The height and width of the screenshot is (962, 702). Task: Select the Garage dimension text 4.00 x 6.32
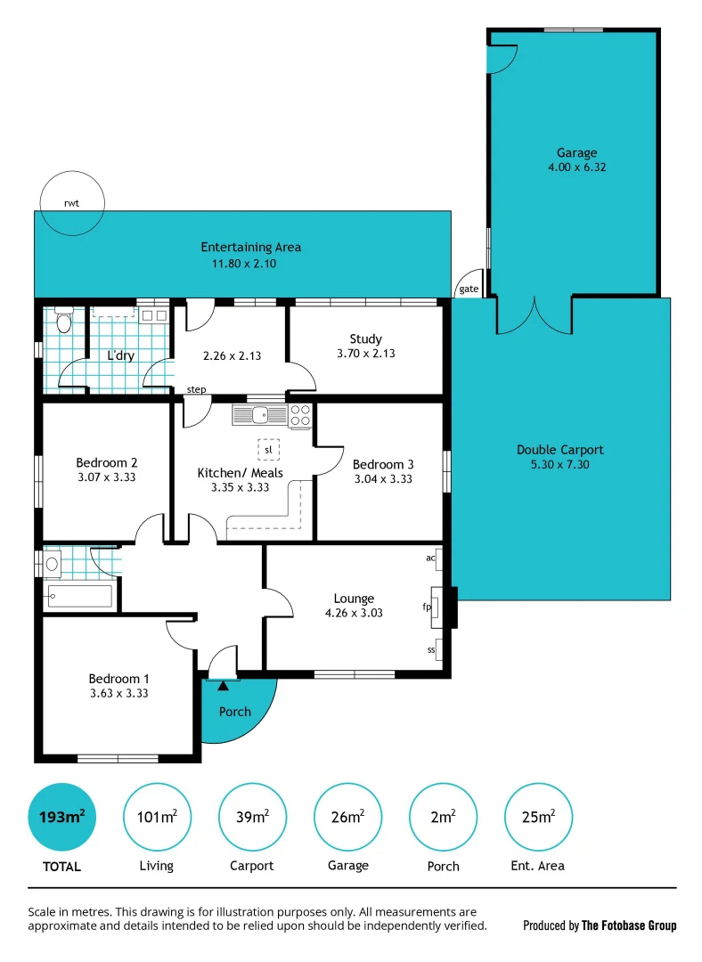(576, 167)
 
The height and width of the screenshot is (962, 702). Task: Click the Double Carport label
(559, 450)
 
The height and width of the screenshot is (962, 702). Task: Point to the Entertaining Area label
(250, 247)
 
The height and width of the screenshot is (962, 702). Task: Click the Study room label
(365, 338)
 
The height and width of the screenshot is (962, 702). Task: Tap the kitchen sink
(259, 414)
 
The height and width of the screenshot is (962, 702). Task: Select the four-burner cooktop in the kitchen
(300, 415)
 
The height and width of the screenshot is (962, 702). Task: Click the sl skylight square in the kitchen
(268, 450)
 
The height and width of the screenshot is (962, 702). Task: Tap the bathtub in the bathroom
(80, 596)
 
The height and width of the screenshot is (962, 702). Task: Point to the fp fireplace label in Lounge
(428, 607)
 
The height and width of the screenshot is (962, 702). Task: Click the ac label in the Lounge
(430, 558)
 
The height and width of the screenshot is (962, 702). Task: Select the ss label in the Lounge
(431, 649)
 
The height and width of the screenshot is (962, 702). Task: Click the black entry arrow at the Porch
(223, 684)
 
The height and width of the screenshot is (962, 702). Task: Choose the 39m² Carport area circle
(252, 817)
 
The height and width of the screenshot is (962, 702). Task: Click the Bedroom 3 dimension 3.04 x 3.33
(382, 478)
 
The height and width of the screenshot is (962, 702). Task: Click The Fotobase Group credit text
(629, 925)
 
